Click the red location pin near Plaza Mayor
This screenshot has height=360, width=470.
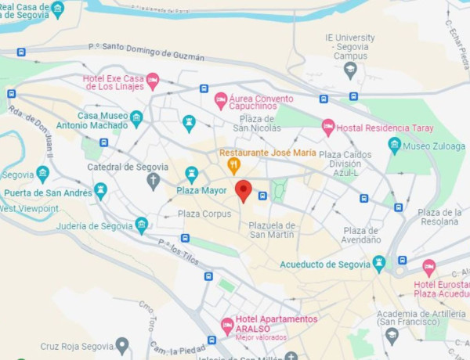tap(244, 190)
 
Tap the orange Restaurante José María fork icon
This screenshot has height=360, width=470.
tap(233, 165)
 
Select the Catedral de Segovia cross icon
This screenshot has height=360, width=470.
tap(154, 182)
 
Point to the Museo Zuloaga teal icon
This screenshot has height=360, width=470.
tap(395, 145)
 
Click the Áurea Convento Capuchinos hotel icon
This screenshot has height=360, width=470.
tap(221, 100)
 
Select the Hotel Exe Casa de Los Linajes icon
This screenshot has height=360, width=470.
tap(153, 81)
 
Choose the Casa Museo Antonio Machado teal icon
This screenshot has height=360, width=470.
tap(136, 119)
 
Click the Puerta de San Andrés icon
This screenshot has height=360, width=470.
tap(100, 191)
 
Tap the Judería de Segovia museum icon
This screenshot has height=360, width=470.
tap(142, 225)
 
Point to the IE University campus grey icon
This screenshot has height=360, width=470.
tap(350, 70)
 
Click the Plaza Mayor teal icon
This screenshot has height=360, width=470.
tap(191, 175)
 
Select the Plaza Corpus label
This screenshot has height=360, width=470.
tap(204, 214)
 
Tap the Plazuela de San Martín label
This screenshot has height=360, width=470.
tap(272, 230)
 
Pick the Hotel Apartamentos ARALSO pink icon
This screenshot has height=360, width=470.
tap(227, 325)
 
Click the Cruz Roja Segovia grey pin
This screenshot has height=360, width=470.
tap(121, 344)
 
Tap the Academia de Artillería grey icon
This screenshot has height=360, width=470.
tap(392, 335)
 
